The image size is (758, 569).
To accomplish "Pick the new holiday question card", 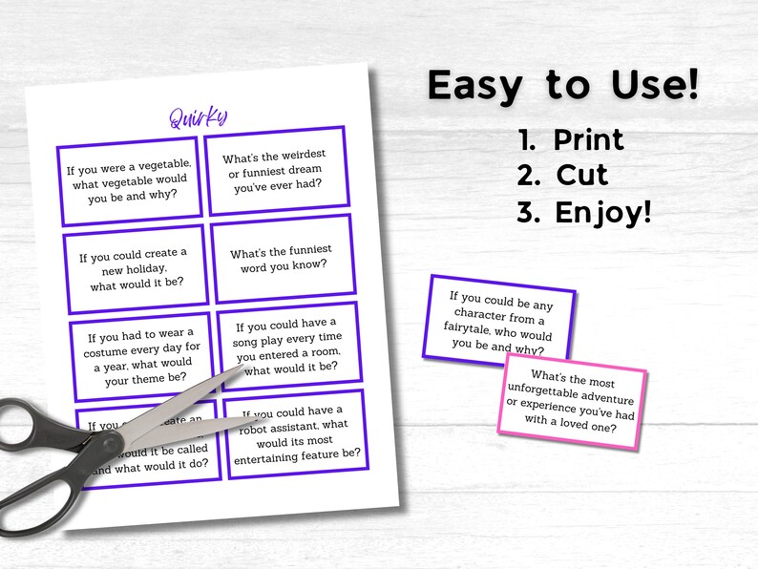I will pyautogui.click(x=135, y=268).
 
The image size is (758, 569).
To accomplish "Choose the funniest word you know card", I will pyautogui.click(x=281, y=258).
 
